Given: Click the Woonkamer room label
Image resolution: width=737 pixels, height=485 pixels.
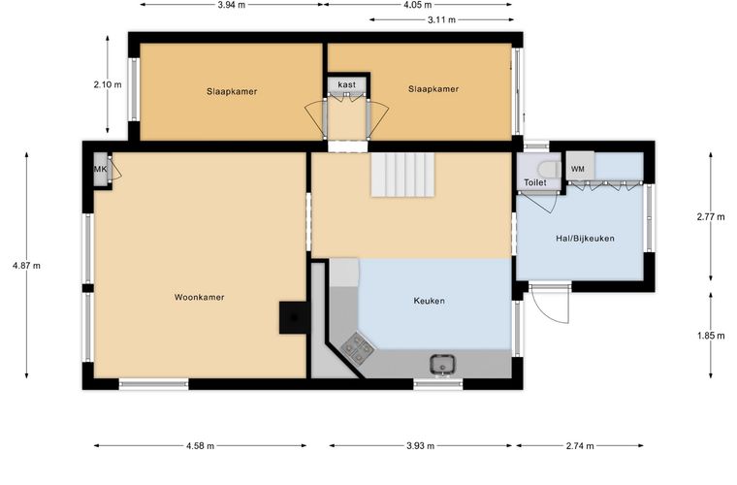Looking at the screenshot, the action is click(200, 297).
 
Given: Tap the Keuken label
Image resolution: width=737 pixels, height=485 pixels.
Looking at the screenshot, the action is click(430, 301).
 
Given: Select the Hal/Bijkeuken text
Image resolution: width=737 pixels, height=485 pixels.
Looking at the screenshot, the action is click(585, 239).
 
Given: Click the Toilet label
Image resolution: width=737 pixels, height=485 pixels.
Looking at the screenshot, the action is click(535, 182).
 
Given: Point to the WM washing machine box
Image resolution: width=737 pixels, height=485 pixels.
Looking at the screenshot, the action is click(580, 166).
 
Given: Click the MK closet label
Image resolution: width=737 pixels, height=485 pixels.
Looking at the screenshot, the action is click(100, 169).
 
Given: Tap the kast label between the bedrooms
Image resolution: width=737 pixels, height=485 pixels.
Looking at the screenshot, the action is click(347, 84).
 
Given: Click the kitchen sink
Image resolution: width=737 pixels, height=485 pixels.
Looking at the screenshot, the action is click(442, 365).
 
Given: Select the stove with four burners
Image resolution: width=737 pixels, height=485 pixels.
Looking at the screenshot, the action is click(358, 349).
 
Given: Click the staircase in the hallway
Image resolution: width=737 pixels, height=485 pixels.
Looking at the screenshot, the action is click(403, 175).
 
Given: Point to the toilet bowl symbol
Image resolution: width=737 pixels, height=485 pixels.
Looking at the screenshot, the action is click(550, 169).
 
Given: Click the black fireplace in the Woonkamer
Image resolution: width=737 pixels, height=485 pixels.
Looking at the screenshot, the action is click(295, 318).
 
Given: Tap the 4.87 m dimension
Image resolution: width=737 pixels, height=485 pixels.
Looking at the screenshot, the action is click(26, 266).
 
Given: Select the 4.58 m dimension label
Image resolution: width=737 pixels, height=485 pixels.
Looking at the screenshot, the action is click(200, 445).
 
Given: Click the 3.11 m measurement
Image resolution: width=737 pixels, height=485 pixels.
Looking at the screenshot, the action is click(441, 19).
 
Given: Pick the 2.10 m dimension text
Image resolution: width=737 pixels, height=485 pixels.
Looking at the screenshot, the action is click(108, 84).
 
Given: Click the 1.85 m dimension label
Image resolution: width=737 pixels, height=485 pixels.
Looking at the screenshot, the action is click(711, 336).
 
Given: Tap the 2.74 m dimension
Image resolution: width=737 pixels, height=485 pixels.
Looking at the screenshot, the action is click(580, 445).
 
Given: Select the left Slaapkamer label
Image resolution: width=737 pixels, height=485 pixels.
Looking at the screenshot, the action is click(232, 91).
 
